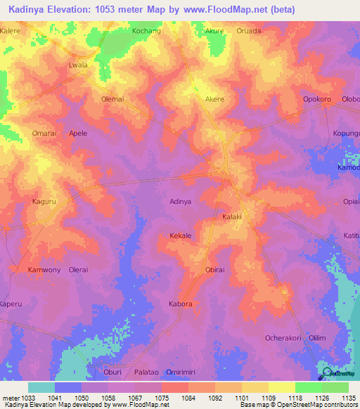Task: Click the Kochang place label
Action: tap(147, 32)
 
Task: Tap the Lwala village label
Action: tap(78, 65)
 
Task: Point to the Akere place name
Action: tap(214, 99)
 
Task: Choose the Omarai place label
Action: tap(44, 133)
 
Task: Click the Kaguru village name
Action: tap(44, 202)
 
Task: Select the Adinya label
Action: tap(181, 202)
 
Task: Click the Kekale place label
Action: tap(181, 236)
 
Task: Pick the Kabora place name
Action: tap(181, 304)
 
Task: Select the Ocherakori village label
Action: tap(283, 338)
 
